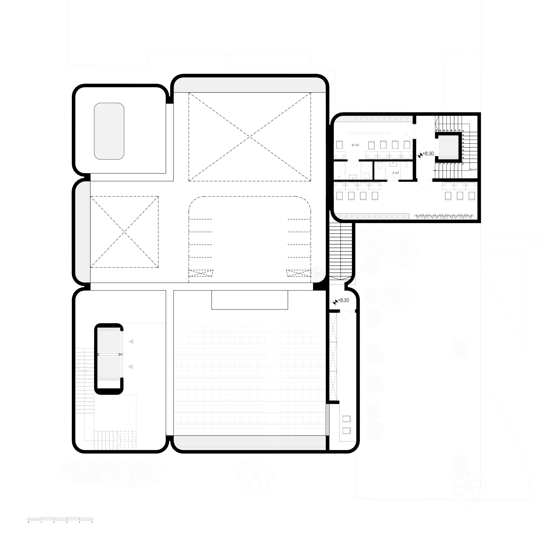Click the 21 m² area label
pos(355,145)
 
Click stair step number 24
pos(437,130)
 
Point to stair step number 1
pos(437,164)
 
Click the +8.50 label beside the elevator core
pos(428,153)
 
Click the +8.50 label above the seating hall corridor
pos(343,300)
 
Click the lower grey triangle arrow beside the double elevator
pos(130,367)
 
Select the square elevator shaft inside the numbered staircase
pos(449,147)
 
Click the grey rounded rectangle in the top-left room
pos(109,131)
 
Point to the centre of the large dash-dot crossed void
pos(250,137)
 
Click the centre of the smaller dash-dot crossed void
pos(124,232)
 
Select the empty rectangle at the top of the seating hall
pos(250,300)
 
